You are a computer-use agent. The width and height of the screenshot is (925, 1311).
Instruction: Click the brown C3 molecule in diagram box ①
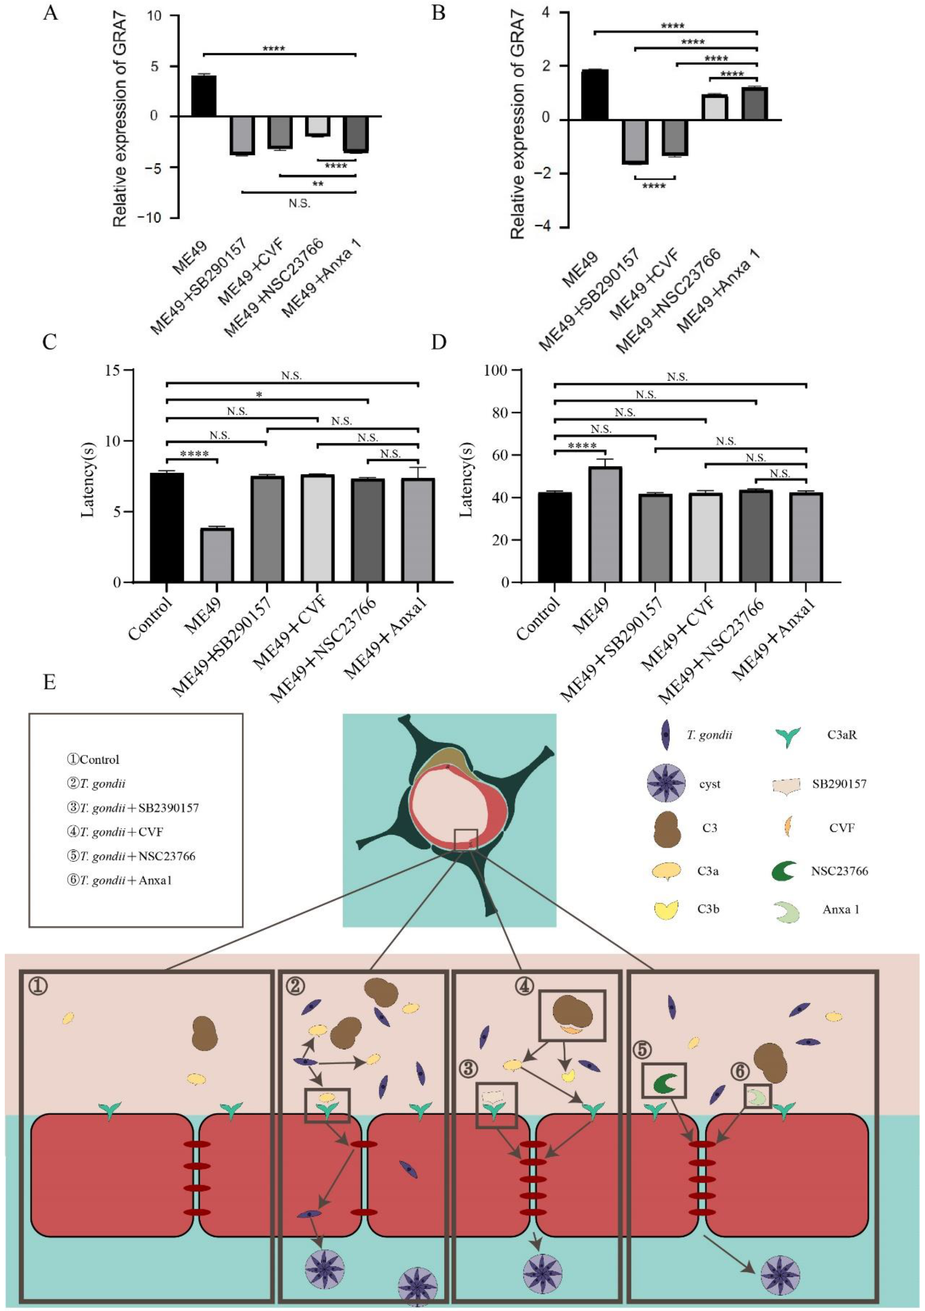click(205, 1033)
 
